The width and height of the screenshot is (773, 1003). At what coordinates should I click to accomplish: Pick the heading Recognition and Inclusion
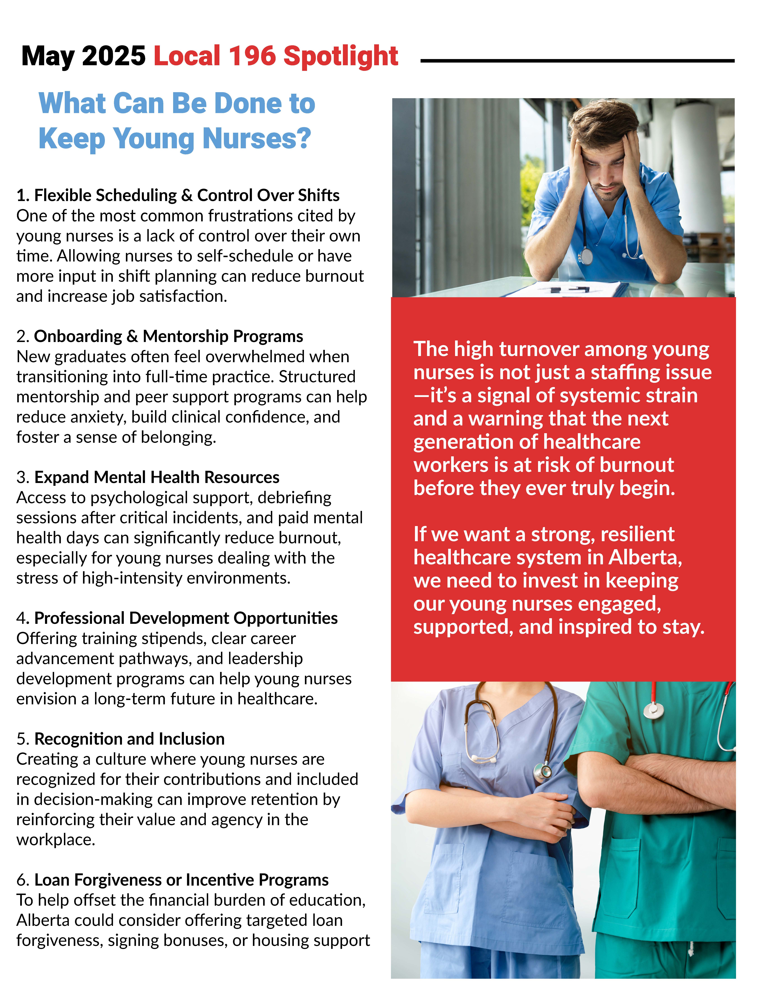coord(129,739)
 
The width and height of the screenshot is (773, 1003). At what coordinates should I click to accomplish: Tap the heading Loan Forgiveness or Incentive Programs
coord(181,880)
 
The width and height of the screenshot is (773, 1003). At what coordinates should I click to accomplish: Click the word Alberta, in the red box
coord(645,557)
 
